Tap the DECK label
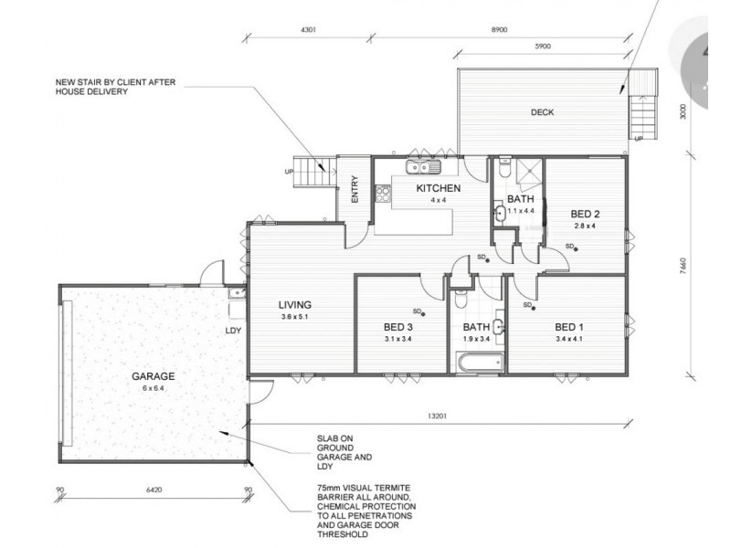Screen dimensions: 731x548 [x=542, y=112]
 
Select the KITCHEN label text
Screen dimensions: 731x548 [x=439, y=188]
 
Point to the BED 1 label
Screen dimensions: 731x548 [x=568, y=327]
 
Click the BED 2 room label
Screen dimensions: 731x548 [x=585, y=215]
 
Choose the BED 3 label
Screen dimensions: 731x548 [x=398, y=327]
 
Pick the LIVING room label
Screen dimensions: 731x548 [x=295, y=305]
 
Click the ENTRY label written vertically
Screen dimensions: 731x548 [x=355, y=189]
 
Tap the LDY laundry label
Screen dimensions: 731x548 [x=233, y=331]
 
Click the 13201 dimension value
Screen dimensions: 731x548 [x=437, y=416]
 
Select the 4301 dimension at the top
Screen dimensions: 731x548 [x=309, y=30]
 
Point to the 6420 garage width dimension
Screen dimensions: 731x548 [x=154, y=490]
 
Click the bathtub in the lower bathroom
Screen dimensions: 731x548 [x=481, y=363]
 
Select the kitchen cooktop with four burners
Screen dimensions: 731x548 [x=383, y=194]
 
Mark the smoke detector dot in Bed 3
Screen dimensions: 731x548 [x=423, y=314]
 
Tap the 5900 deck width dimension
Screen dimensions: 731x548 [x=543, y=47]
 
